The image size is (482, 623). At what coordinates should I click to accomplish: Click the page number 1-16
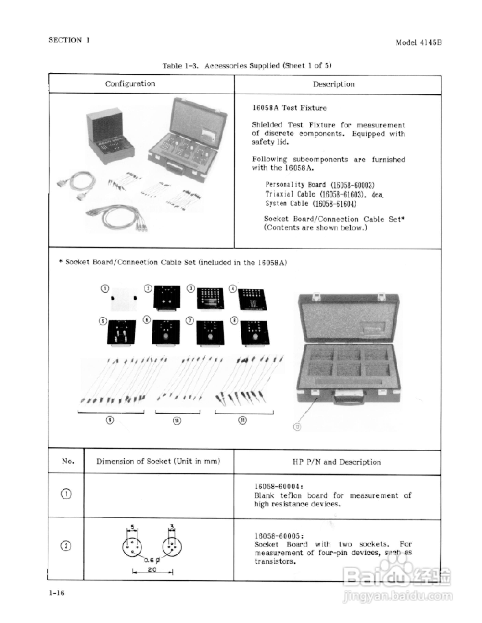57,593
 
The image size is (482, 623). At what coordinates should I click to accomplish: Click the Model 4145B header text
418,42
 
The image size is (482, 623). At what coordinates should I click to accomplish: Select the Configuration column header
130,84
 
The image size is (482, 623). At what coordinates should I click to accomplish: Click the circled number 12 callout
297,427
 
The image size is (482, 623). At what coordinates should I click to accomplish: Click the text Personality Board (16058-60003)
320,185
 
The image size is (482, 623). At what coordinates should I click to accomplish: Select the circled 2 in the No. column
66,546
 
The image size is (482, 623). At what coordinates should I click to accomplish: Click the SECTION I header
69,40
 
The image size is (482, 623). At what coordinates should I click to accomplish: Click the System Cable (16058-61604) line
311,204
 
